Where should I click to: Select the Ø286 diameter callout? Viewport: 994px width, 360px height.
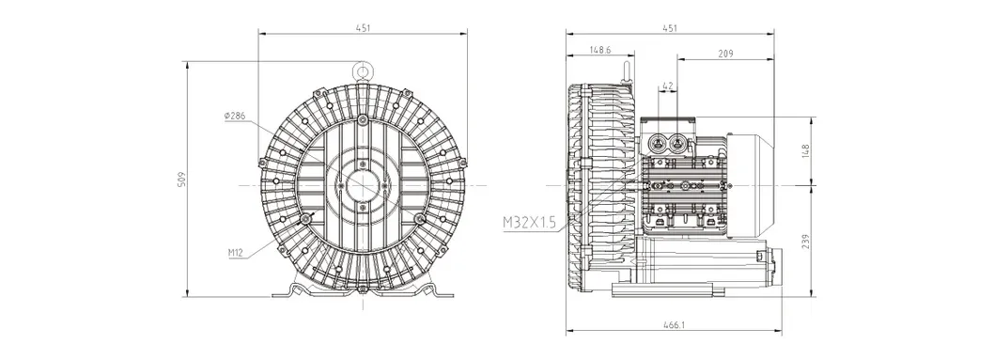click(235, 116)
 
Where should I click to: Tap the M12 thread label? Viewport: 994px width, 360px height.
click(237, 252)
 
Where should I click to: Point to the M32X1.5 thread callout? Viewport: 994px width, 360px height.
click(531, 222)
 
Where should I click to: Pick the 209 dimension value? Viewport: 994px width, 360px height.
click(724, 55)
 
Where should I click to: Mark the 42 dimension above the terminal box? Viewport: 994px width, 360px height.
click(668, 86)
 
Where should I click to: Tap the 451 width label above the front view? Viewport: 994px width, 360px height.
click(363, 27)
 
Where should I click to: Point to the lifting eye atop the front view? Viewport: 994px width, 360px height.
click(363, 69)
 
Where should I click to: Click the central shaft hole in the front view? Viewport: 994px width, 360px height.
click(363, 184)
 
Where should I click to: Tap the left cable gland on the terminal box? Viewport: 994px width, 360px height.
click(659, 143)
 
